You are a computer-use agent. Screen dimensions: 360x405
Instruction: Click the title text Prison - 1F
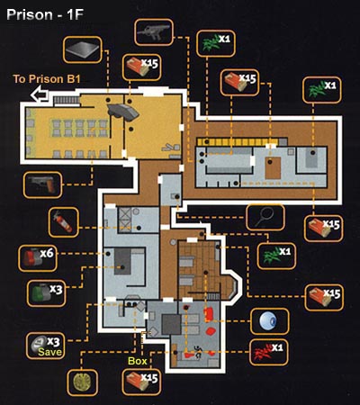[45, 15]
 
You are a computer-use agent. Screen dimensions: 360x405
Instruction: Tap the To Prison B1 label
[47, 79]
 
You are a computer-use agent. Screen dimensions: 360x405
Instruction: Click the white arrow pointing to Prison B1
[40, 94]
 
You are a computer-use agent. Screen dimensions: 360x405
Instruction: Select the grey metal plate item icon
[82, 49]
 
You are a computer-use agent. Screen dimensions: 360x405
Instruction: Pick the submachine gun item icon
[154, 31]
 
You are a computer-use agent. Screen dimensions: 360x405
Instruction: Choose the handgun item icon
[42, 184]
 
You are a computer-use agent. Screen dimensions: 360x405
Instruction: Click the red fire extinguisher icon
[63, 221]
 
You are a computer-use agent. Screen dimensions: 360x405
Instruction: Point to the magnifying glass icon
[265, 217]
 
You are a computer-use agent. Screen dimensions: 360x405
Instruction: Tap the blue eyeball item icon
[269, 321]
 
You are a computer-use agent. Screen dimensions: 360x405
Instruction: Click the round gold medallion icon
[82, 382]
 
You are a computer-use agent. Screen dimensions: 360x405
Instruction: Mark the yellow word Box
[138, 361]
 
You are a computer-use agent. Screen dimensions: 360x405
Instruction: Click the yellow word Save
[50, 352]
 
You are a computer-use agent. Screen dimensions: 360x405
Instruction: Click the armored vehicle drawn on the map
[123, 112]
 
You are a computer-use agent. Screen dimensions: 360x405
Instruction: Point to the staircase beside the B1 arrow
[67, 100]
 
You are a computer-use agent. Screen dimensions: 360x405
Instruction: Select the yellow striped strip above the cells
[238, 142]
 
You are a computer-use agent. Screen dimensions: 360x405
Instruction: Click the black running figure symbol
[197, 352]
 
